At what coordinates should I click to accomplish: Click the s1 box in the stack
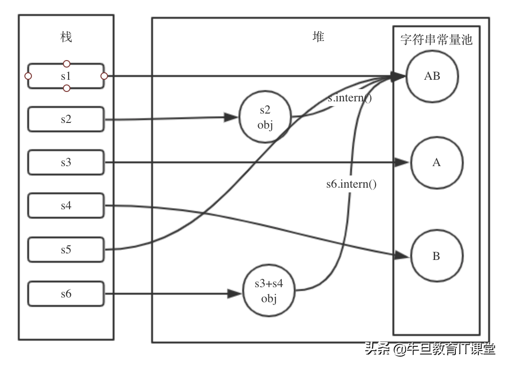[66, 76]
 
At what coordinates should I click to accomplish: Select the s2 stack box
[66, 119]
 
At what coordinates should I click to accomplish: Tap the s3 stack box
[66, 162]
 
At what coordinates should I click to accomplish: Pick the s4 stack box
[66, 206]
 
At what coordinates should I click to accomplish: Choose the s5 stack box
[66, 250]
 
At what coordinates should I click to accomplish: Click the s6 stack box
[66, 294]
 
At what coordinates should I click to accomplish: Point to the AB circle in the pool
[432, 76]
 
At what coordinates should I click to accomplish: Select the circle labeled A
[437, 162]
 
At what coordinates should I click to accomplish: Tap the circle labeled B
[437, 256]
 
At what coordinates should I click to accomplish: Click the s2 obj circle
[265, 118]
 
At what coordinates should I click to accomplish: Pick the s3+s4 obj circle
[269, 292]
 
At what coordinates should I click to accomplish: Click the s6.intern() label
[352, 184]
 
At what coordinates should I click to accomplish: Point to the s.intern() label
[350, 99]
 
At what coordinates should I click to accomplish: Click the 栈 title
[66, 37]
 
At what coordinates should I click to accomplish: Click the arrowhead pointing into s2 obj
[230, 118]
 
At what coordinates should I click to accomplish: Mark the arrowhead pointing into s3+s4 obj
[234, 294]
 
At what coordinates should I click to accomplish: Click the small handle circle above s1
[67, 63]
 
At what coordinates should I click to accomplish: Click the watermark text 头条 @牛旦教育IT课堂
[430, 350]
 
